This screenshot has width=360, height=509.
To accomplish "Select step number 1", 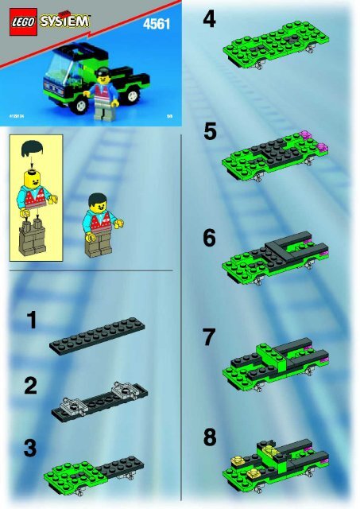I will point(31,321).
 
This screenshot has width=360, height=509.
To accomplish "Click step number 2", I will point(31,387).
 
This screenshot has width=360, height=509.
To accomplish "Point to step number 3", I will point(30,449).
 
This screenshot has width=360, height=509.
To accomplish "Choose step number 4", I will point(209,19).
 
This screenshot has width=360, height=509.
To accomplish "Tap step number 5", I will point(210,130).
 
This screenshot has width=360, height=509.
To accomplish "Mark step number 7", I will point(209,337).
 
